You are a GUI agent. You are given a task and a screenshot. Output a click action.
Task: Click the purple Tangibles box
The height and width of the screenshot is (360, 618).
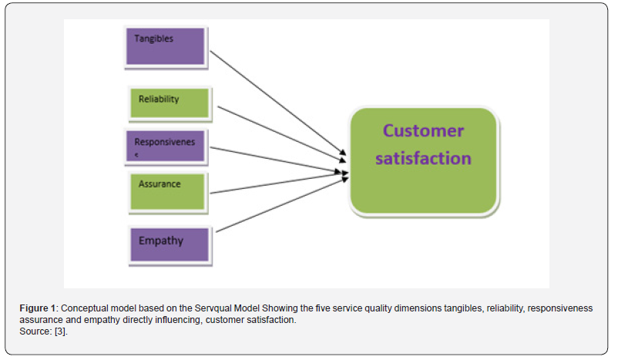pos(165,45)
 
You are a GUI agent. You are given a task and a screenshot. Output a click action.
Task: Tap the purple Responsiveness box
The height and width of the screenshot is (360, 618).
pos(165,146)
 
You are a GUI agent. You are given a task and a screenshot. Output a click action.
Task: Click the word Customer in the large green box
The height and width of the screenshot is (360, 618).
pos(423,130)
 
